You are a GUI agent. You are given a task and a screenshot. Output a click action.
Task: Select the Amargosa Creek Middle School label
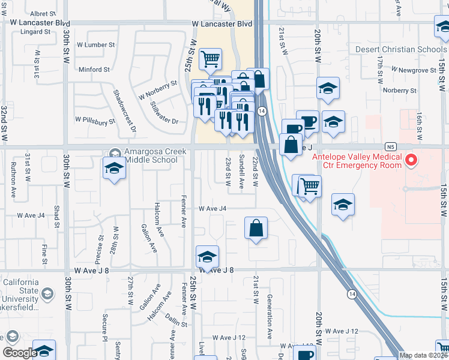151,156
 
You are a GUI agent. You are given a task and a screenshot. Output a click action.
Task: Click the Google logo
19,353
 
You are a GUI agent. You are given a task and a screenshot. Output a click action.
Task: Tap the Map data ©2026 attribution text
423,355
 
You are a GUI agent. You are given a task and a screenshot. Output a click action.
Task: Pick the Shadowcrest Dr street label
125,111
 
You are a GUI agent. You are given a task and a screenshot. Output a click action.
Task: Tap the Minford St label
94,70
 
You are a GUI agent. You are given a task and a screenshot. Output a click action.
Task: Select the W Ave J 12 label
342,331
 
